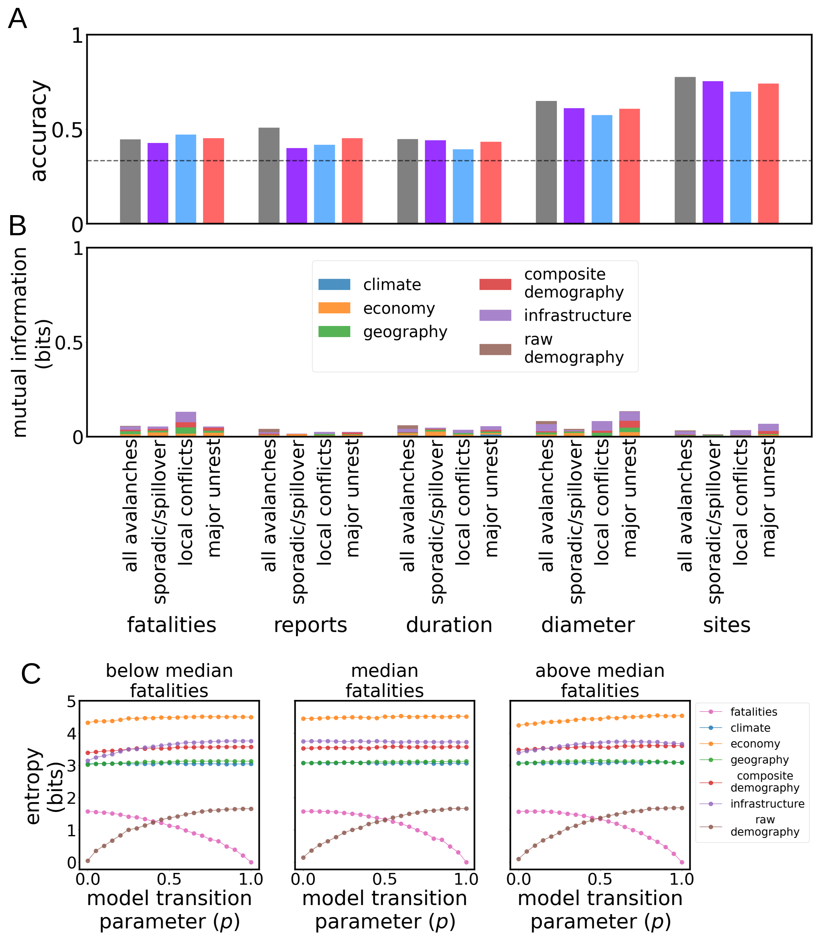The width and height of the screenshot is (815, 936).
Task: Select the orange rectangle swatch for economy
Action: coord(334,308)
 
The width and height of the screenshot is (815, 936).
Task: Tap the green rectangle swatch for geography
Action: coord(334,332)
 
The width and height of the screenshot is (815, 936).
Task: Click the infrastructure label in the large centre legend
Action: coord(578,315)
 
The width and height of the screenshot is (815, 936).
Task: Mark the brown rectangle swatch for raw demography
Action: coord(495,349)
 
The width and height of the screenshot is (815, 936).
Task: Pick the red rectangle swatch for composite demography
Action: coord(495,284)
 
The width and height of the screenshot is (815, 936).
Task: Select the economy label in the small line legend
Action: coord(755,744)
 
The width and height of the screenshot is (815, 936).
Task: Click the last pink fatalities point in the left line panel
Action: coord(251,862)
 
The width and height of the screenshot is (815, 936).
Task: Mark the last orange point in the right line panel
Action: coord(682,716)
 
